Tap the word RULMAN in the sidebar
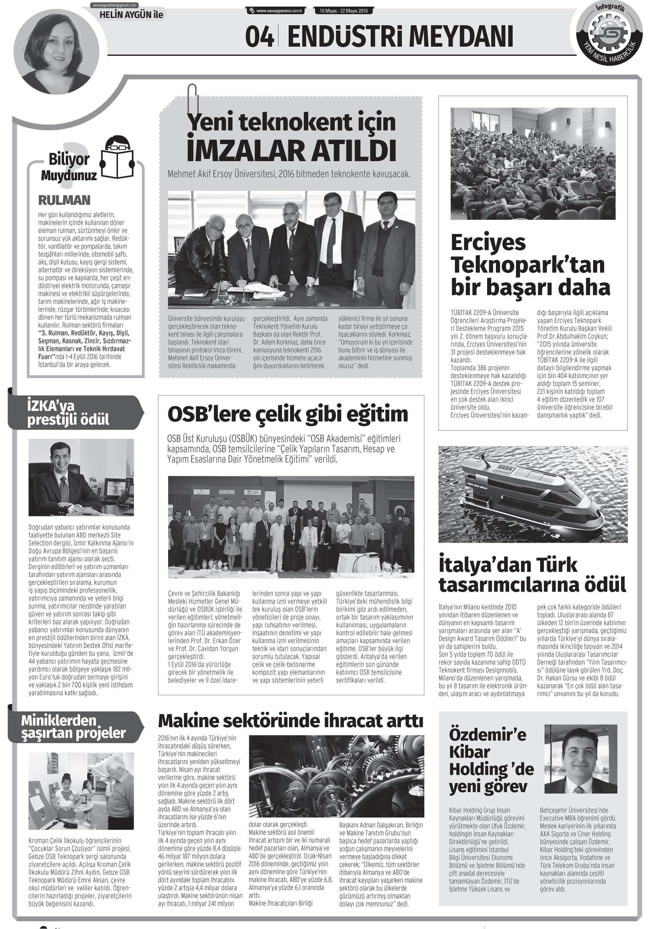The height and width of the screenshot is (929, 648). click(64, 200)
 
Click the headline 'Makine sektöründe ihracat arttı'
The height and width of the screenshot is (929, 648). click(290, 721)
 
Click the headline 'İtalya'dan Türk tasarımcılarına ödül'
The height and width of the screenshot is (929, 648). click(532, 575)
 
